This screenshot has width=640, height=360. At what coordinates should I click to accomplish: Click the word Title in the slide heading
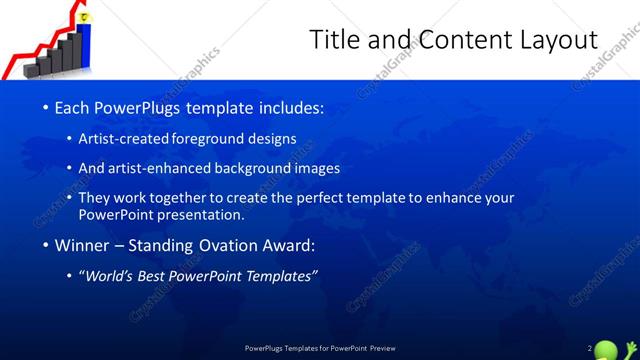click(334, 40)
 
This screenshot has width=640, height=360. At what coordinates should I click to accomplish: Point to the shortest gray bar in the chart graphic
click(44, 69)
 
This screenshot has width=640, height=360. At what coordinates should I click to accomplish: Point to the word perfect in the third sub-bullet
click(317, 198)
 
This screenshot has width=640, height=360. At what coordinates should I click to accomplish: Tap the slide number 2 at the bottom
click(590, 347)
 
